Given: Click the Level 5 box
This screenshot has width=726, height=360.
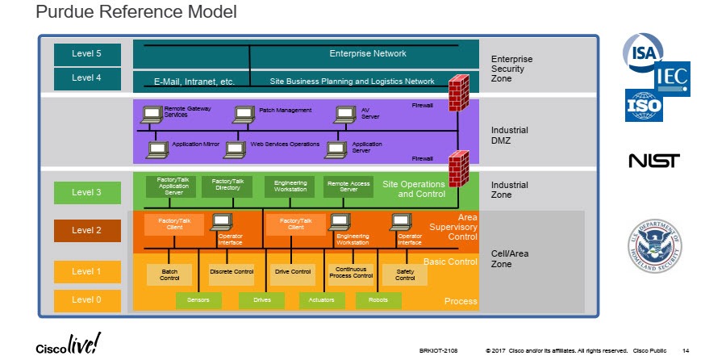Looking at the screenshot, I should (x=87, y=54).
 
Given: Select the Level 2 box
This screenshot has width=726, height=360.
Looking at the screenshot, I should (x=87, y=230).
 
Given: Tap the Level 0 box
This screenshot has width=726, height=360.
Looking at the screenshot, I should (x=87, y=300).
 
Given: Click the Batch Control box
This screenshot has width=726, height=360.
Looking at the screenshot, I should (x=169, y=274).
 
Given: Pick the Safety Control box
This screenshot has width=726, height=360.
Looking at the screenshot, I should (x=405, y=274).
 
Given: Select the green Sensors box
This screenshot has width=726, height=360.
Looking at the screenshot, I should (x=198, y=300).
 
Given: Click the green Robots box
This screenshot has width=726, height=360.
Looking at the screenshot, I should (x=378, y=300).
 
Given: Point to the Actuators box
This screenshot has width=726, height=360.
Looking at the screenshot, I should (x=317, y=300).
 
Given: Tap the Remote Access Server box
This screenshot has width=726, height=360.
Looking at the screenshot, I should (x=348, y=186).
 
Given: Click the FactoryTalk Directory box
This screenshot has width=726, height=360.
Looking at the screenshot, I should (x=227, y=186).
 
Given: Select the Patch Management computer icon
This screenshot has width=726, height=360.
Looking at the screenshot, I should (x=244, y=114).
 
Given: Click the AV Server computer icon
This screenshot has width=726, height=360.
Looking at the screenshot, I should (x=345, y=114).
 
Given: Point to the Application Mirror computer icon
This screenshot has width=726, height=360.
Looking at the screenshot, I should (x=158, y=149).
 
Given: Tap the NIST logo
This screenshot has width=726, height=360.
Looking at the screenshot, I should (x=653, y=161).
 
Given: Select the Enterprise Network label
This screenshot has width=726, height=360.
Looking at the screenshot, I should (x=368, y=54).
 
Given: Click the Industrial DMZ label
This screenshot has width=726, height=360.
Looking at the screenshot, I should (x=510, y=135).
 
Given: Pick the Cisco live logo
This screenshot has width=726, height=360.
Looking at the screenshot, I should (x=69, y=345).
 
